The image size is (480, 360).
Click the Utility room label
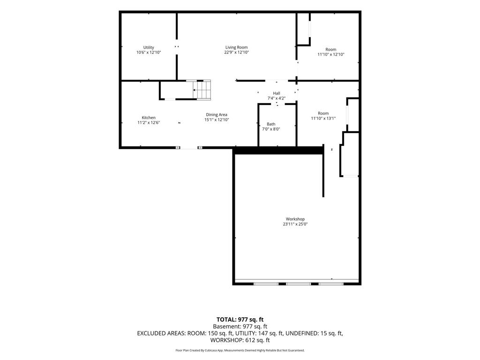tap(149, 47)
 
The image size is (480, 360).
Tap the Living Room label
tap(236, 47)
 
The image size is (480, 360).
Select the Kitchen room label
tap(149, 118)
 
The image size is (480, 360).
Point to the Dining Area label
tap(217, 115)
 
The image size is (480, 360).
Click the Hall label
tap(277, 93)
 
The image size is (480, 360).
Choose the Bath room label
tap(271, 124)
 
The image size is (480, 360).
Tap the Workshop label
tap(295, 219)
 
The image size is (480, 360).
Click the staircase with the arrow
tap(202, 90)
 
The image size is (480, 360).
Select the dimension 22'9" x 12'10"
tap(236, 52)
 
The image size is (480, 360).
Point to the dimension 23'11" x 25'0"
tap(295, 224)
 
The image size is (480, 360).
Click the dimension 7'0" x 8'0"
tap(271, 129)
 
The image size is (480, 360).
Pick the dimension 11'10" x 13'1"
tap(323, 119)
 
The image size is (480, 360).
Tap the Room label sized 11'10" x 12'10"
tap(330, 49)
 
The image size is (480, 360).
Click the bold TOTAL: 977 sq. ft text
tap(240, 320)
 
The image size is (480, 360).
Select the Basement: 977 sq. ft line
tap(240, 327)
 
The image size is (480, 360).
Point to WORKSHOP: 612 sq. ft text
tap(240, 340)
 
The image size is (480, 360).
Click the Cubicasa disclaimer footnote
tap(240, 350)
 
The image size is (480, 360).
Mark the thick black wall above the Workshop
tap(278, 150)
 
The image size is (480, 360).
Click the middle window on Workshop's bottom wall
tap(299, 284)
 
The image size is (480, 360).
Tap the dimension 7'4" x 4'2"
tap(277, 98)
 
